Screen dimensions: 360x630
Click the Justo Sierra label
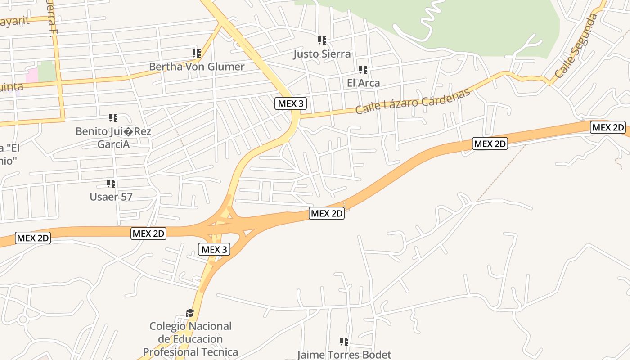(x=322, y=54)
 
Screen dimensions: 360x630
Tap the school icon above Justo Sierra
(x=322, y=40)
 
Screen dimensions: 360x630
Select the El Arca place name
(x=363, y=83)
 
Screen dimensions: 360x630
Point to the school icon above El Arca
(x=363, y=70)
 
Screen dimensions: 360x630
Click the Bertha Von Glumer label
(x=197, y=67)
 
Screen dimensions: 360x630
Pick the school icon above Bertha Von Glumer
(x=197, y=54)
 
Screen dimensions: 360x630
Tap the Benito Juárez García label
(x=113, y=138)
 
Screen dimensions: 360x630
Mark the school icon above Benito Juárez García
(x=113, y=118)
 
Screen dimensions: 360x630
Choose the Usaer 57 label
(x=111, y=197)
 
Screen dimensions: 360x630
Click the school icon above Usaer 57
(x=111, y=184)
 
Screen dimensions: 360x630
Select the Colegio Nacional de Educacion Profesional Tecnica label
(x=190, y=339)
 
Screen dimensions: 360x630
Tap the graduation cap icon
(x=190, y=313)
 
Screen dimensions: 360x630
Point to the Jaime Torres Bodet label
(x=344, y=355)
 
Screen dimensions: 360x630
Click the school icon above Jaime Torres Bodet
(x=344, y=342)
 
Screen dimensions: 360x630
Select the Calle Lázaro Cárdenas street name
(x=413, y=101)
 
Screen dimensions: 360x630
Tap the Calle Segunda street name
(x=576, y=45)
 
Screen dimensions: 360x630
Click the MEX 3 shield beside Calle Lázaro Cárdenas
(x=291, y=103)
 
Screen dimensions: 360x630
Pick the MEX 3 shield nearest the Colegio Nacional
(x=214, y=249)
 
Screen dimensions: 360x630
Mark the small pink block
(x=31, y=75)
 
